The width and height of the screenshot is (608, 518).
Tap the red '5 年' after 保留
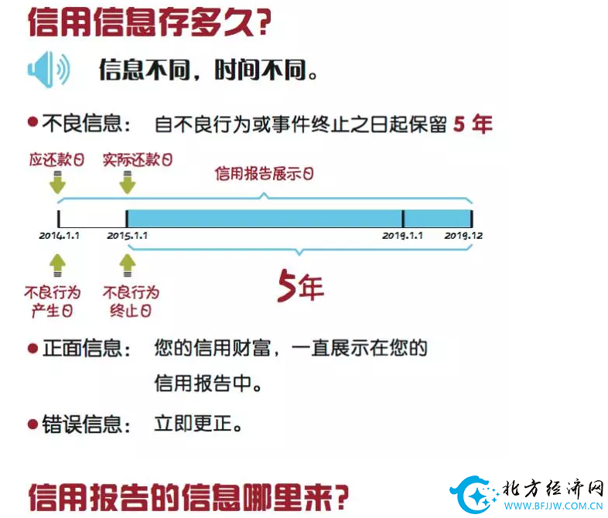pos(472,124)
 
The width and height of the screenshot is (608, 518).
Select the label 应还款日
pos(56,160)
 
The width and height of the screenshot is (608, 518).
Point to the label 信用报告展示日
pos(265,174)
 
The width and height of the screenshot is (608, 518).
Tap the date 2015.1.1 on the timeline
pos(127,235)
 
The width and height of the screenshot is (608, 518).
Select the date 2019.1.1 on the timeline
pos(402,235)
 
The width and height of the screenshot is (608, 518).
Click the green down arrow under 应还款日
pos(57,184)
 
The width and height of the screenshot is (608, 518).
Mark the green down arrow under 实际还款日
pos(128,184)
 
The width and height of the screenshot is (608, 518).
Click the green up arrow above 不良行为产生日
pos(57,266)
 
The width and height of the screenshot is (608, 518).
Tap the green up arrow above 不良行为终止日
pos(128,266)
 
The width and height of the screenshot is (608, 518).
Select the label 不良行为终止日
pos(131,302)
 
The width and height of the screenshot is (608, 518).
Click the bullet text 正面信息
pos(87,349)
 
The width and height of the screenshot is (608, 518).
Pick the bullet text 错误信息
pos(87,424)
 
